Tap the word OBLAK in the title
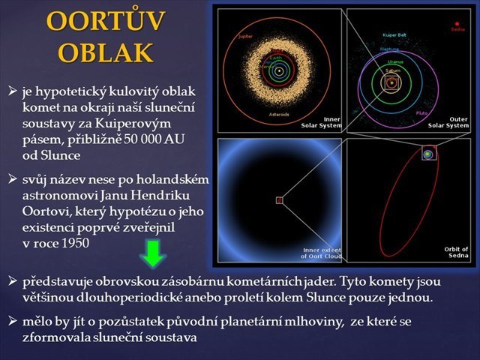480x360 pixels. click(105, 52)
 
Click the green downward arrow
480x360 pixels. click(154, 254)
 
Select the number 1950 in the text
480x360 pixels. click(95, 244)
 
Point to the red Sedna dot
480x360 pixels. click(457, 23)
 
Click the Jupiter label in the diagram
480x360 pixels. click(244, 36)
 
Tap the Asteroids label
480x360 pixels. click(279, 115)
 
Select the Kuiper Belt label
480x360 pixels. click(394, 35)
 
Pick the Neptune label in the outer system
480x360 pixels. click(389, 49)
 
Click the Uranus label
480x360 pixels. click(395, 61)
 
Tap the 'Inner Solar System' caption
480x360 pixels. click(325, 122)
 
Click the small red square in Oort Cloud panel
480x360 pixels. click(279, 200)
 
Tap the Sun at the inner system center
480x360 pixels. click(279, 71)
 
